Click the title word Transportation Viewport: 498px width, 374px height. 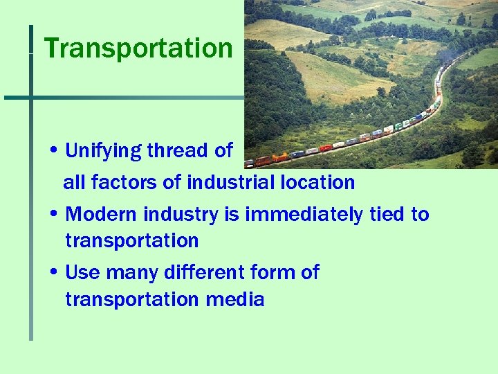(x=138, y=48)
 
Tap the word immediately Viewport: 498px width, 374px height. (x=302, y=215)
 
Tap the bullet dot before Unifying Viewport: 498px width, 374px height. (x=54, y=151)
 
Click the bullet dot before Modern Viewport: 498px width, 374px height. (x=54, y=215)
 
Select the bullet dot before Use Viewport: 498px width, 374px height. (x=54, y=273)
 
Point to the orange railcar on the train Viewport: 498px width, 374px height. (x=279, y=158)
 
